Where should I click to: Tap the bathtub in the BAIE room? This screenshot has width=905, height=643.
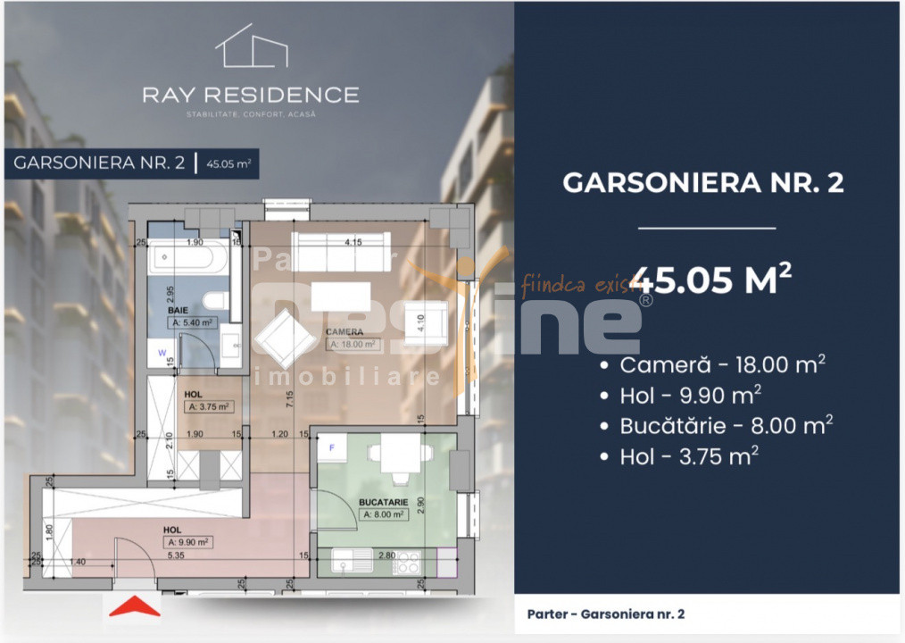pyautogui.click(x=187, y=262)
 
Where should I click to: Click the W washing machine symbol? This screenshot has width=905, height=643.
pyautogui.click(x=162, y=353)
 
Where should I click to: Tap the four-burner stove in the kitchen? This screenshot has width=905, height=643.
pyautogui.click(x=407, y=563)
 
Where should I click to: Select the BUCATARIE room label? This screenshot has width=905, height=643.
pyautogui.click(x=383, y=503)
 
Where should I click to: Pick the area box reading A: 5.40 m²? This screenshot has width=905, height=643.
pyautogui.click(x=192, y=323)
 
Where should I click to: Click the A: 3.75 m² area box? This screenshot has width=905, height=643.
pyautogui.click(x=207, y=406)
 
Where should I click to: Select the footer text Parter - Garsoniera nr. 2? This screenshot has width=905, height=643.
pyautogui.click(x=606, y=614)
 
